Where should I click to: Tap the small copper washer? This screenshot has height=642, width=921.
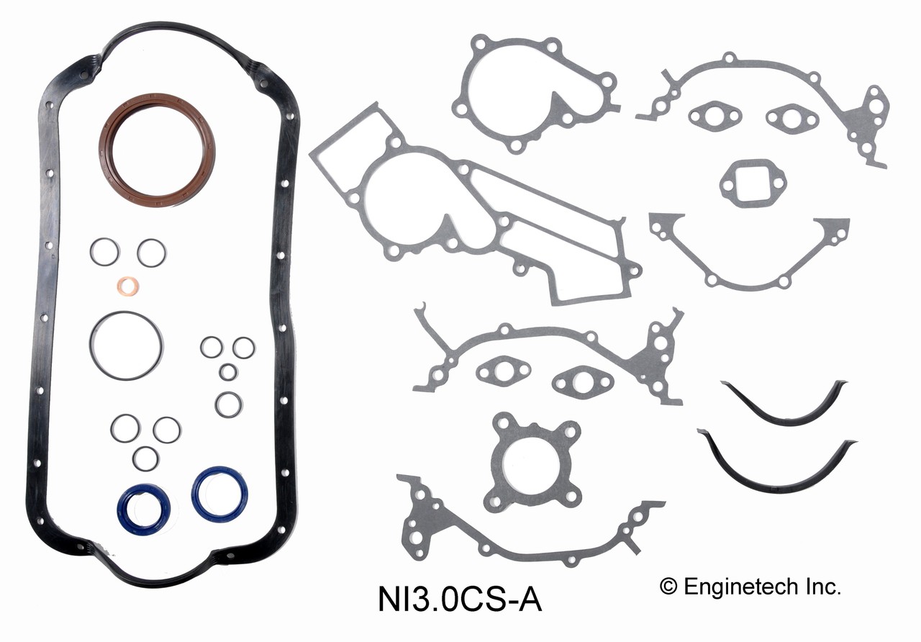tap(128, 286)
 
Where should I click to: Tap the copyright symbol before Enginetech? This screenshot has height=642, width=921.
tap(668, 587)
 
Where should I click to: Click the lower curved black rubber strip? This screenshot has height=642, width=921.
tap(777, 479)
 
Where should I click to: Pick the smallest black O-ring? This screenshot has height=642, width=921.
tap(228, 372)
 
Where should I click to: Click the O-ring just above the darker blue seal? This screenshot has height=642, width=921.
tap(145, 458)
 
